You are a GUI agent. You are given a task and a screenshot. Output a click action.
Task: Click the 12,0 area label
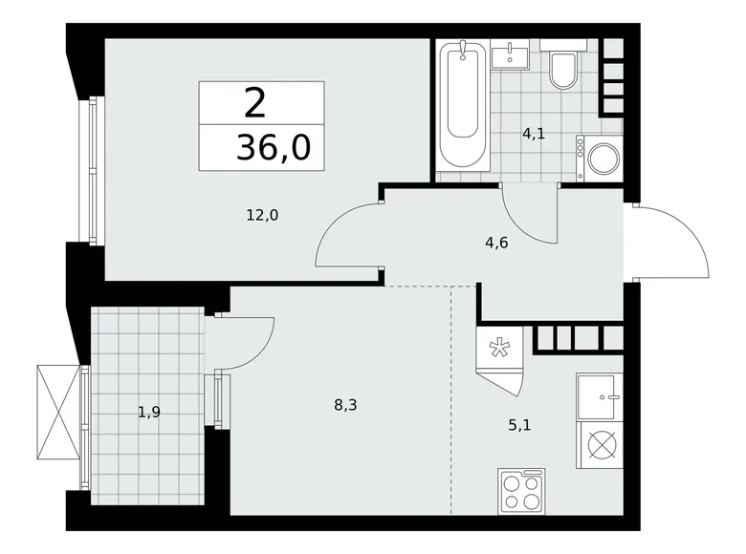click(x=262, y=215)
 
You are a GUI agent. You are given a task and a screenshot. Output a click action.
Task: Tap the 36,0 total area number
click(x=274, y=149)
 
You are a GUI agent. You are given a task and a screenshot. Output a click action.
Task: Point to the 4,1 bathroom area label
click(x=533, y=134)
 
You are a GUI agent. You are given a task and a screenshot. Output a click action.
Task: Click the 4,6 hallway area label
click(x=496, y=242)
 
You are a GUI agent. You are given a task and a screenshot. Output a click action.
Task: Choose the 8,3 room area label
click(x=345, y=405)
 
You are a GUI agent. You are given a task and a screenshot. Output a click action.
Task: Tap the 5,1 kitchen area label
click(x=546, y=425)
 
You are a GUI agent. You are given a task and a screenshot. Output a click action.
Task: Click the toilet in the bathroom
click(x=564, y=68)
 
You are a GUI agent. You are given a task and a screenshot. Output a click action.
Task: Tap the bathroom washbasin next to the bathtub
click(x=511, y=55)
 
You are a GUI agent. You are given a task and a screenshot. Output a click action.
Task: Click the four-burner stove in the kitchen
click(x=521, y=492)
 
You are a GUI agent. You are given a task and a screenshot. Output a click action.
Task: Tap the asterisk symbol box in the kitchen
click(x=500, y=348)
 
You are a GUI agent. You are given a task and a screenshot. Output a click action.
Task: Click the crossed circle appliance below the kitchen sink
click(x=601, y=444)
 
